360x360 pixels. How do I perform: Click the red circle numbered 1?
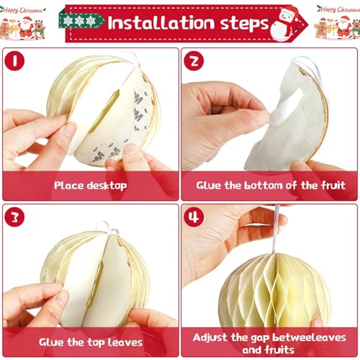point(14,60)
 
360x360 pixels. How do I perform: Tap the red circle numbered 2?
point(194,60)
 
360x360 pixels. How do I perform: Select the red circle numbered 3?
point(14,217)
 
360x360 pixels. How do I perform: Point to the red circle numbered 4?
point(194,217)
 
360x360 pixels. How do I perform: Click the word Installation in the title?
point(161,23)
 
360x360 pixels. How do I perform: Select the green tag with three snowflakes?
point(81,21)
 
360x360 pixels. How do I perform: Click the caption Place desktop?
point(91,186)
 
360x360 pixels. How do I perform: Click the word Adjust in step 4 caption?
point(210,338)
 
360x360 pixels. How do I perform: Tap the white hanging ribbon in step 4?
point(276,229)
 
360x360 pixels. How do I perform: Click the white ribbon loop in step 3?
point(107,228)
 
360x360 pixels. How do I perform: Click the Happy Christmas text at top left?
point(23,10)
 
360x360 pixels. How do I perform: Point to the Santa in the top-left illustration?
point(26,27)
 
